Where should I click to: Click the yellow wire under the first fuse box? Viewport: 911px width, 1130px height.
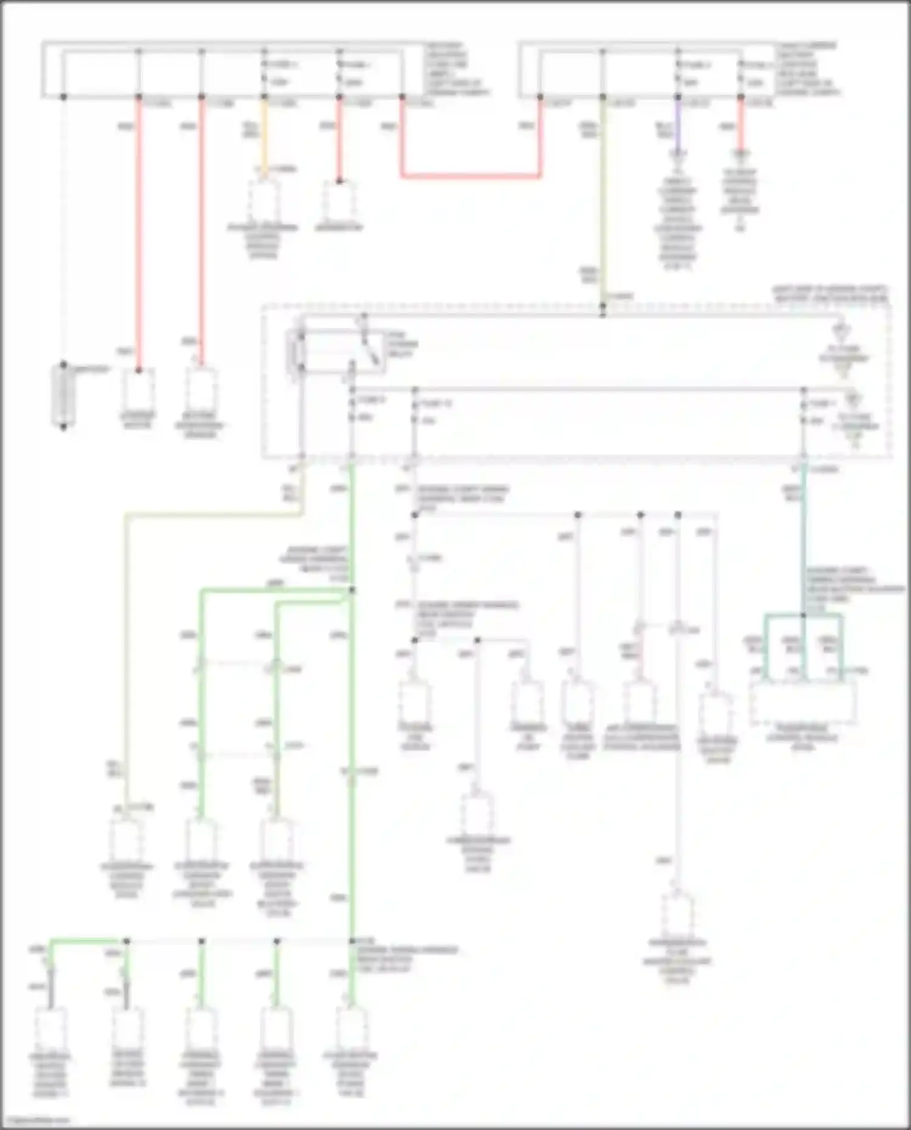pyautogui.click(x=264, y=137)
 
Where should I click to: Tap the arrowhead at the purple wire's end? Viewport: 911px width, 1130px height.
pyautogui.click(x=678, y=154)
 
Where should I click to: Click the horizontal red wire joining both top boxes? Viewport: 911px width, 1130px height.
pyautogui.click(x=471, y=177)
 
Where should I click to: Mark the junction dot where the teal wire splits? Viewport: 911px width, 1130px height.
pyautogui.click(x=804, y=615)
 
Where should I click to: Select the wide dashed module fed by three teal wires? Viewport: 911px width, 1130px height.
pyautogui.click(x=803, y=702)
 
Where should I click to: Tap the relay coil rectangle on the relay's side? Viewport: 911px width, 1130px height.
pyautogui.click(x=300, y=351)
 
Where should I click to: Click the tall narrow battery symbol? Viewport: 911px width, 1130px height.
pyautogui.click(x=63, y=395)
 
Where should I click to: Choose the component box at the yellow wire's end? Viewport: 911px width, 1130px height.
pyautogui.click(x=263, y=201)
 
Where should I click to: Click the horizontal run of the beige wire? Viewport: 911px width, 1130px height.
pyautogui.click(x=213, y=515)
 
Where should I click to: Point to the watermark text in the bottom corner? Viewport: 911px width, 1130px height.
pyautogui.click(x=36, y=1119)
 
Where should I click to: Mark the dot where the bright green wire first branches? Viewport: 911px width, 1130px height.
pyautogui.click(x=352, y=590)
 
